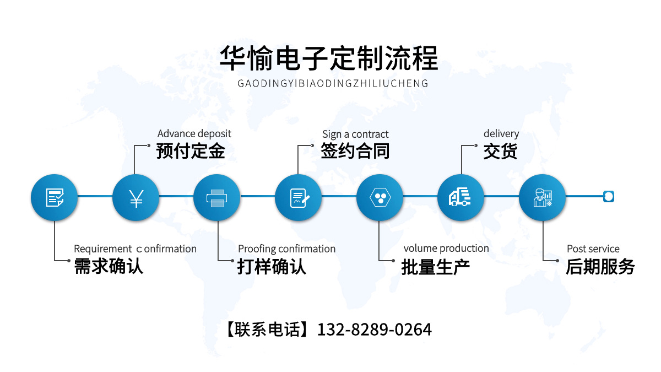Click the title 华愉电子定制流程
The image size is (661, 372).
[x=329, y=58]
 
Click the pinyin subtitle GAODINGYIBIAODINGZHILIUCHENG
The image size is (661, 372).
[x=332, y=84]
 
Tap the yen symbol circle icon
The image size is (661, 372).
[x=136, y=197]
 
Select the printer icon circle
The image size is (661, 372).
[x=216, y=197]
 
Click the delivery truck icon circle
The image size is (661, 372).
[x=460, y=197]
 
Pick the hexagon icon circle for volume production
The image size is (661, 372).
[x=380, y=197]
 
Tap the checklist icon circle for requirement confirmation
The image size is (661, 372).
[x=54, y=197]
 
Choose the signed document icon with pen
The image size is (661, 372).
[x=298, y=197]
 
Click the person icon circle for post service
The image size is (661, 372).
[x=542, y=197]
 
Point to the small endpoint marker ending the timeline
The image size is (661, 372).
[x=608, y=196]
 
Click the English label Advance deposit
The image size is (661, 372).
[x=194, y=133]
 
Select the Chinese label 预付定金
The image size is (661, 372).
[x=191, y=151]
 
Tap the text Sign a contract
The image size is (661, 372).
[x=355, y=134]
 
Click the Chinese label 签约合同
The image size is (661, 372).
[x=355, y=151]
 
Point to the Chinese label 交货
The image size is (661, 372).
[x=500, y=151]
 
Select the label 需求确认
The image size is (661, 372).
[x=109, y=266]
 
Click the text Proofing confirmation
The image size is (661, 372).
[x=286, y=249]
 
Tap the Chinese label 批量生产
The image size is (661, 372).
[x=435, y=267]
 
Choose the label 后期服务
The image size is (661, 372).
[x=600, y=267]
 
